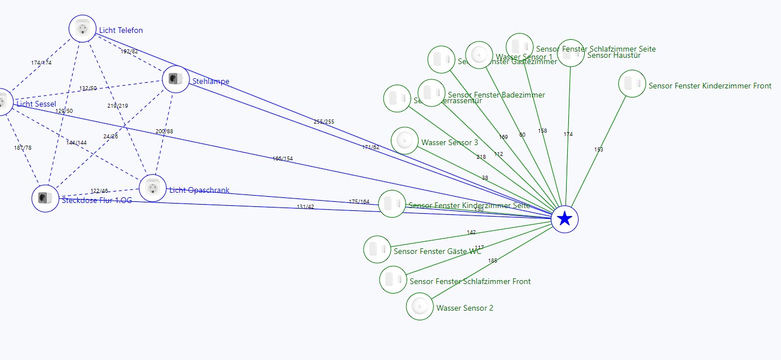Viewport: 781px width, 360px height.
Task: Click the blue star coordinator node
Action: point(564,219)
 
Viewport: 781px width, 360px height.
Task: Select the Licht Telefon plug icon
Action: point(83,28)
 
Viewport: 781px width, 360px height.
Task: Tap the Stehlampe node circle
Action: point(176,79)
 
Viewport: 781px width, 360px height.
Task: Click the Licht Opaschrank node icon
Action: point(152,188)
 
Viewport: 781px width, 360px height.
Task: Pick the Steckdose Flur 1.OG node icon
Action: point(45,198)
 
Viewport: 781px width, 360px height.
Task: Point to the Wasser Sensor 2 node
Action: point(420,306)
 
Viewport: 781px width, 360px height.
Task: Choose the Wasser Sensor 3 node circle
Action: point(405,141)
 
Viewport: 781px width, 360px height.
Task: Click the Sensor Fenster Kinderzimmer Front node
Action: point(632,84)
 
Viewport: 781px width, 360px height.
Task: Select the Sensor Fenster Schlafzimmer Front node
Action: point(393,279)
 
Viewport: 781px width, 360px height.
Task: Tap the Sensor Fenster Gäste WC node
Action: point(377,249)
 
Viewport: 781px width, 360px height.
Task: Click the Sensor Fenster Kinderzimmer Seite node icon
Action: point(392,204)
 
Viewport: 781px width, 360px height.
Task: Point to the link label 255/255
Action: point(324,122)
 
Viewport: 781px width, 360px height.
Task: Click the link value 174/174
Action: point(41,63)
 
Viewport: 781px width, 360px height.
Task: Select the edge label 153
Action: point(599,150)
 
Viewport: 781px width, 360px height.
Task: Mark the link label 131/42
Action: point(305,207)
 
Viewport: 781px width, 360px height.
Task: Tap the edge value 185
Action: point(492,261)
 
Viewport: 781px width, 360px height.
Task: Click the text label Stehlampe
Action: point(210,82)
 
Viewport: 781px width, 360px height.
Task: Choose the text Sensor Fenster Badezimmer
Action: point(496,95)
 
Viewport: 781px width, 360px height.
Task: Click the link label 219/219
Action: point(117,106)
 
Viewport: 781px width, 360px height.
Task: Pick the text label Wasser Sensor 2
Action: point(465,308)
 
